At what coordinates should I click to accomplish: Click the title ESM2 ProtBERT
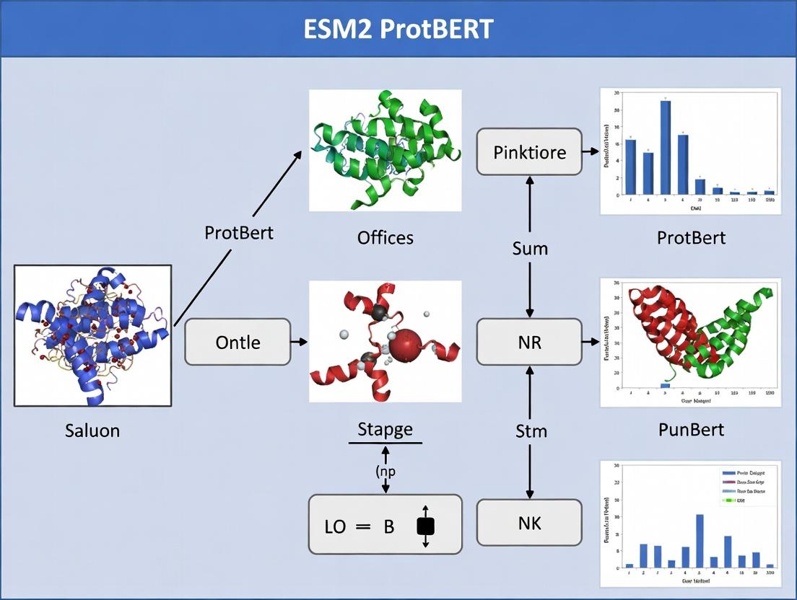[398, 30]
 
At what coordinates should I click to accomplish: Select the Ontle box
[238, 342]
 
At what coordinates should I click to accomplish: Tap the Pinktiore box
[529, 152]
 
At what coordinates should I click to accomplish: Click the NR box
[529, 342]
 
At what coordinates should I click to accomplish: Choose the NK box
[529, 523]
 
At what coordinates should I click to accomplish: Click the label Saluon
[92, 431]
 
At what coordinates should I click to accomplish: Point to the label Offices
[386, 237]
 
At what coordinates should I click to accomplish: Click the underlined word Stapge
[386, 430]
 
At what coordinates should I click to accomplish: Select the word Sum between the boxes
[530, 249]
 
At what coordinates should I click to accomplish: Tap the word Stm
[531, 432]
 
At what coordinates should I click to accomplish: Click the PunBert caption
[691, 431]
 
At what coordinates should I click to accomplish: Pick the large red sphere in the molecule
[408, 345]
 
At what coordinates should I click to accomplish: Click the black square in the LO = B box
[425, 526]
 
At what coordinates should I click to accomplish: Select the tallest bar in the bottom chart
[700, 540]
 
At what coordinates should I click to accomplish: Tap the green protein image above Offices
[386, 150]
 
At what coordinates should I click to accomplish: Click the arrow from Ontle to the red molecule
[298, 342]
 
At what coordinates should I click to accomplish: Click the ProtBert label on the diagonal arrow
[239, 233]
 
